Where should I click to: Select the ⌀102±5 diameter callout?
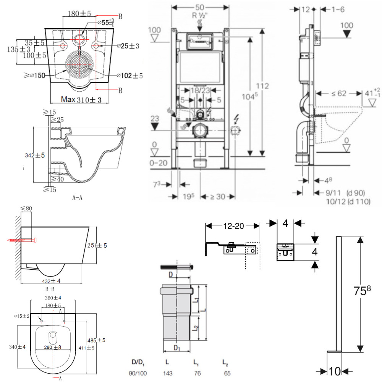[129, 76]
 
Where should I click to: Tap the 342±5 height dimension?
[35, 155]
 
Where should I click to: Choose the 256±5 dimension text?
[97, 245]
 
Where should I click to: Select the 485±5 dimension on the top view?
[97, 340]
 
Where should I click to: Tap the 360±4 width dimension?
[53, 298]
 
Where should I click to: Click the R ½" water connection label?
[200, 16]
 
